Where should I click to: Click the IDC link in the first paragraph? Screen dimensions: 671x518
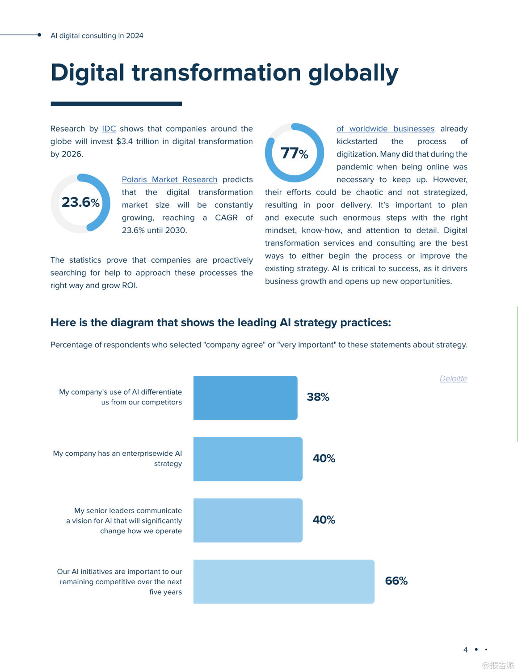[109, 129]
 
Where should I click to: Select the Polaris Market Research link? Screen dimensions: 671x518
[169, 179]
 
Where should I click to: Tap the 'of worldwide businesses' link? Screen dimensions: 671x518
[385, 129]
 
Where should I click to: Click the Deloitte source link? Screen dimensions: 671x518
[453, 378]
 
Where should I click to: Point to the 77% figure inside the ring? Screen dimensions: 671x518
[294, 153]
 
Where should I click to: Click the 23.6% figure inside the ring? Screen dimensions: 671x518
[80, 203]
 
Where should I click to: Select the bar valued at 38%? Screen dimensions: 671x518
[245, 398]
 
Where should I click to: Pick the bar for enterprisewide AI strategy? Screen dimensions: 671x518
[248, 459]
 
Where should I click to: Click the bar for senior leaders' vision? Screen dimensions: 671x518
[248, 520]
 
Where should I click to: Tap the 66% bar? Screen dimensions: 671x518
[284, 582]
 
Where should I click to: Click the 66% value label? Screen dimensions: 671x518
[396, 581]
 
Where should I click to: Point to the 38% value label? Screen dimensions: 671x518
[318, 397]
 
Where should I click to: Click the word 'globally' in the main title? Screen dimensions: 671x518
[353, 73]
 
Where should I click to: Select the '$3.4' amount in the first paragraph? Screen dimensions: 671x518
[123, 141]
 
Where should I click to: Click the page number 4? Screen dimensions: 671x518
[465, 650]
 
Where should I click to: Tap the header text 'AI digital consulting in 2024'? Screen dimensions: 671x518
[97, 36]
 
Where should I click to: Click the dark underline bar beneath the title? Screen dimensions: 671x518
[116, 104]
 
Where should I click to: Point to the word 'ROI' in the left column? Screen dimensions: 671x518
[129, 285]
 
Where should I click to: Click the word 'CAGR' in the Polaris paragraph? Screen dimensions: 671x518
[226, 218]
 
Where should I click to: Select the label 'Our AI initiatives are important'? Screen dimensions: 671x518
[119, 572]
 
